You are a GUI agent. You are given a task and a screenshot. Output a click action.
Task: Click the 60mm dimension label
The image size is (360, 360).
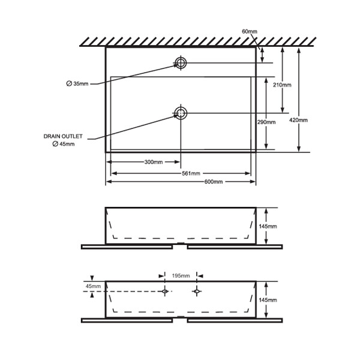coord(250,31)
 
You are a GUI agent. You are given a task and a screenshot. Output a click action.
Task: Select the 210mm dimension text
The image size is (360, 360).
coord(282,85)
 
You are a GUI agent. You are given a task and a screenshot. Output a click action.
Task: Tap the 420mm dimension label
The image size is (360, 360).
coord(298,120)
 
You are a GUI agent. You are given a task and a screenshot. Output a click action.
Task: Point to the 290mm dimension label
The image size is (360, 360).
coord(266,122)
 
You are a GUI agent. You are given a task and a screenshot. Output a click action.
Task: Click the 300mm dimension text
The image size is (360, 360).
coord(154,162)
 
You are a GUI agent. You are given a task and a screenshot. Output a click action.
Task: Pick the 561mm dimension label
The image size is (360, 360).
coord(191,173)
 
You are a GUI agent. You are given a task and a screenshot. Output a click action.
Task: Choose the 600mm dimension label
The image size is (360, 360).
coord(214,182)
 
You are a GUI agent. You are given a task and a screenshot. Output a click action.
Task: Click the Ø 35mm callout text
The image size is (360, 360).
coord(77,84)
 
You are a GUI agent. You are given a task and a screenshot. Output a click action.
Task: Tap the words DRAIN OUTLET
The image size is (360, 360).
coord(63,136)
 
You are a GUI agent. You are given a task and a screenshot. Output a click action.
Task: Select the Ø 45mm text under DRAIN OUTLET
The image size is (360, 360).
coord(64,144)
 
